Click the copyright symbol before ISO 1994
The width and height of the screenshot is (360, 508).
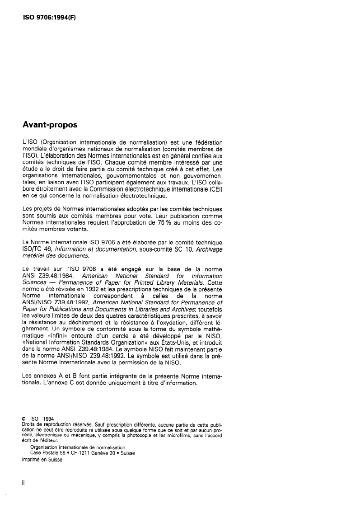24,419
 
